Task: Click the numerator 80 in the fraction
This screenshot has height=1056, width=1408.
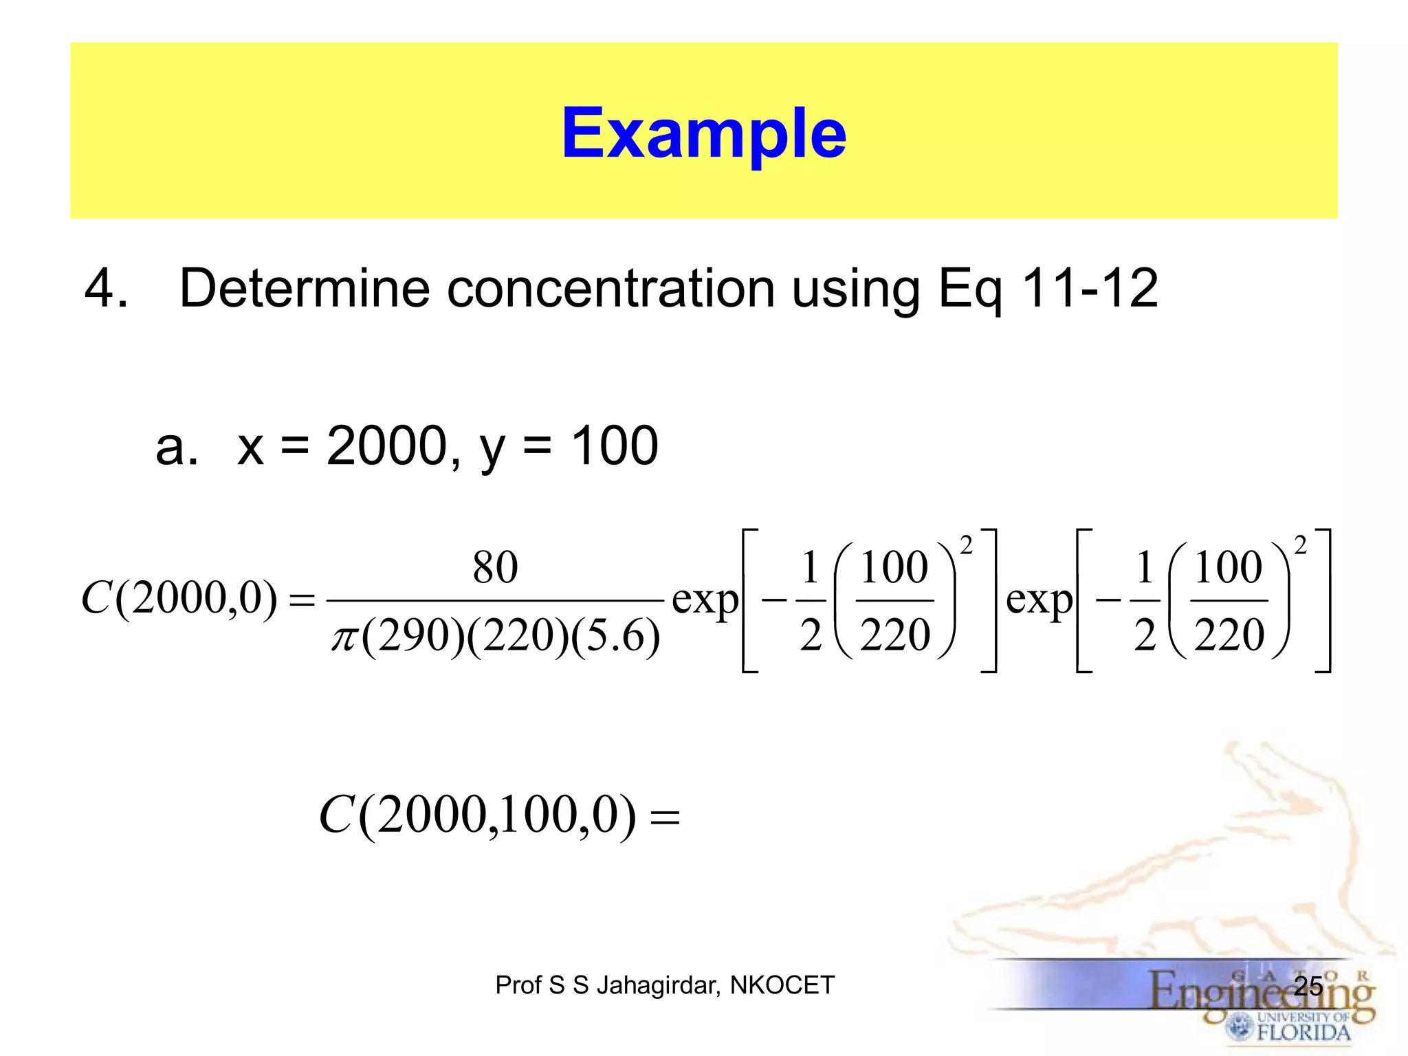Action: point(495,568)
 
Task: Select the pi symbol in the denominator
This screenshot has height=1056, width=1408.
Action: point(344,637)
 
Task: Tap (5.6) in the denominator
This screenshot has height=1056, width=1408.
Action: point(615,635)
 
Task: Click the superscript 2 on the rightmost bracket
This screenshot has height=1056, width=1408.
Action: point(1300,546)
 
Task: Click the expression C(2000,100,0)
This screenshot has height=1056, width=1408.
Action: point(478,816)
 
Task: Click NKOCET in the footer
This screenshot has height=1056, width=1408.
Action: point(782,985)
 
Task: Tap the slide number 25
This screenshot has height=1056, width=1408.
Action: point(1308,986)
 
